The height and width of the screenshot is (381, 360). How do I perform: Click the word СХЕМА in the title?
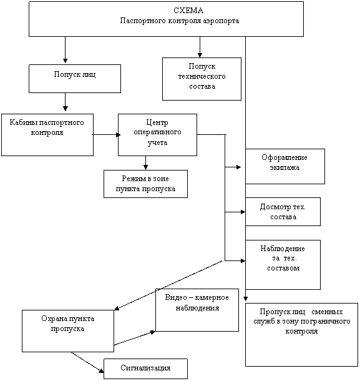(x=188, y=11)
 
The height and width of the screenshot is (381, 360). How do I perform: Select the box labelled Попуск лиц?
(x=75, y=79)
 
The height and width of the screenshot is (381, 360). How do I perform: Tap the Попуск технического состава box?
(x=202, y=79)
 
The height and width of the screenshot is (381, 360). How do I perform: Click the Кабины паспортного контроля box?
(x=47, y=135)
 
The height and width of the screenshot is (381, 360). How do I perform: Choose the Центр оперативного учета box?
(x=157, y=135)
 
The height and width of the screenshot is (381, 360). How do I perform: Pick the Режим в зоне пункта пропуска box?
(x=145, y=184)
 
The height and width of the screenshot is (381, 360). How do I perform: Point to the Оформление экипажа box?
(x=285, y=166)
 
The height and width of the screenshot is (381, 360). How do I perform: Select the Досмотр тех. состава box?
(x=283, y=212)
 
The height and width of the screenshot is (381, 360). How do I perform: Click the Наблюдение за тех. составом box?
(x=283, y=265)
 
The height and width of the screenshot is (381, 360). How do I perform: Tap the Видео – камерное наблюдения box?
(x=197, y=310)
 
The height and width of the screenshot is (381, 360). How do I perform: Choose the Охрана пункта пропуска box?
(x=68, y=330)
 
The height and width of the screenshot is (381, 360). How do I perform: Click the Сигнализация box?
(x=145, y=369)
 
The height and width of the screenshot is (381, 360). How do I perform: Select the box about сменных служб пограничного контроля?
(x=301, y=335)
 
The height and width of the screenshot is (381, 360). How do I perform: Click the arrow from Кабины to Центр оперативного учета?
(x=106, y=135)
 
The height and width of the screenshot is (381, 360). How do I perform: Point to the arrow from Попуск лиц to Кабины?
(x=65, y=102)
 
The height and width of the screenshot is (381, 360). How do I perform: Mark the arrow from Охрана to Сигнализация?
(x=87, y=362)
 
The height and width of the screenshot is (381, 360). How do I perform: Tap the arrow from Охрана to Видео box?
(x=135, y=338)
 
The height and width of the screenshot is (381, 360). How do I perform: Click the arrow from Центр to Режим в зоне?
(x=145, y=163)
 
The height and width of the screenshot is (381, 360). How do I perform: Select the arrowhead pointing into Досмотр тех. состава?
(x=243, y=212)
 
